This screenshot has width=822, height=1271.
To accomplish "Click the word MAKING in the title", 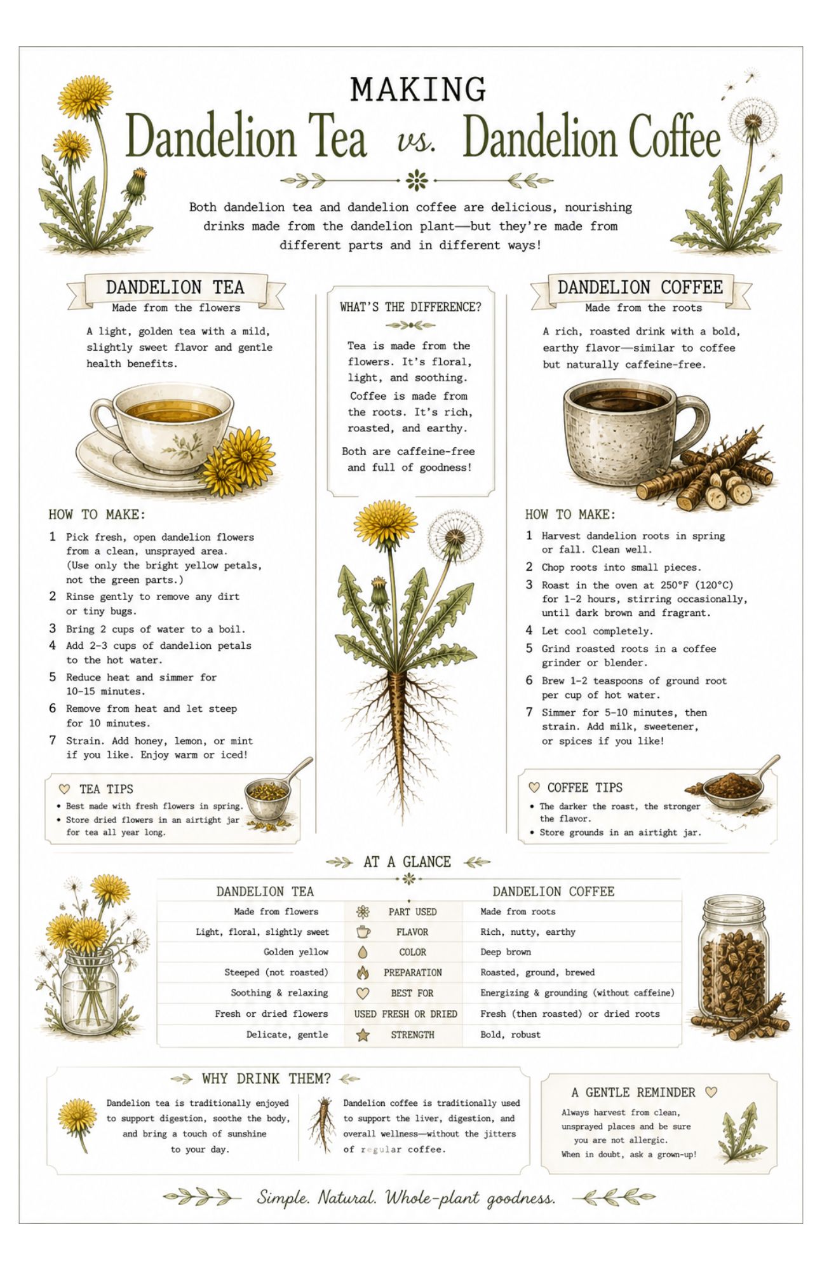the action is (x=418, y=90).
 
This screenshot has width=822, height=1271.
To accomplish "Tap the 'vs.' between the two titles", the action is (x=417, y=141).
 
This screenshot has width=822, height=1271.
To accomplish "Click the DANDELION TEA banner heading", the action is (x=175, y=287).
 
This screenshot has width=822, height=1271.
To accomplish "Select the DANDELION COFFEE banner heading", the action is (x=640, y=287).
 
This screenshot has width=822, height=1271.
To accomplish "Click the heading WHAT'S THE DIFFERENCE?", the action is (x=410, y=307).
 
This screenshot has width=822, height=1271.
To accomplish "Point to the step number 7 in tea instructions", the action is (x=53, y=740).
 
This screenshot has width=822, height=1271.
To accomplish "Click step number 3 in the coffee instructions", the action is (x=529, y=585).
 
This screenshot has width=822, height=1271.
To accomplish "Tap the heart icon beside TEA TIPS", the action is (x=64, y=789).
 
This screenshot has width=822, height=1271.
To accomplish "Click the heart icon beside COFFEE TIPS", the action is (x=534, y=787).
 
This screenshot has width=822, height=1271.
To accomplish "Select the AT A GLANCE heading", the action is (x=407, y=862).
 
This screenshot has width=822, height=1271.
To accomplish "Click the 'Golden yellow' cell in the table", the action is (x=296, y=952).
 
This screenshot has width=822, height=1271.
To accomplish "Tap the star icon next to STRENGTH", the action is (x=363, y=1035).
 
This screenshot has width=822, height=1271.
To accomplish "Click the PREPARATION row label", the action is (x=413, y=972).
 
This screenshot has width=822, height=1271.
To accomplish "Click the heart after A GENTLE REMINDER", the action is (x=711, y=1092).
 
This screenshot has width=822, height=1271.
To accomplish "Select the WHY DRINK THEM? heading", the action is (x=266, y=1078).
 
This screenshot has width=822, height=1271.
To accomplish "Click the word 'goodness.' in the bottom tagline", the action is (x=521, y=1199).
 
